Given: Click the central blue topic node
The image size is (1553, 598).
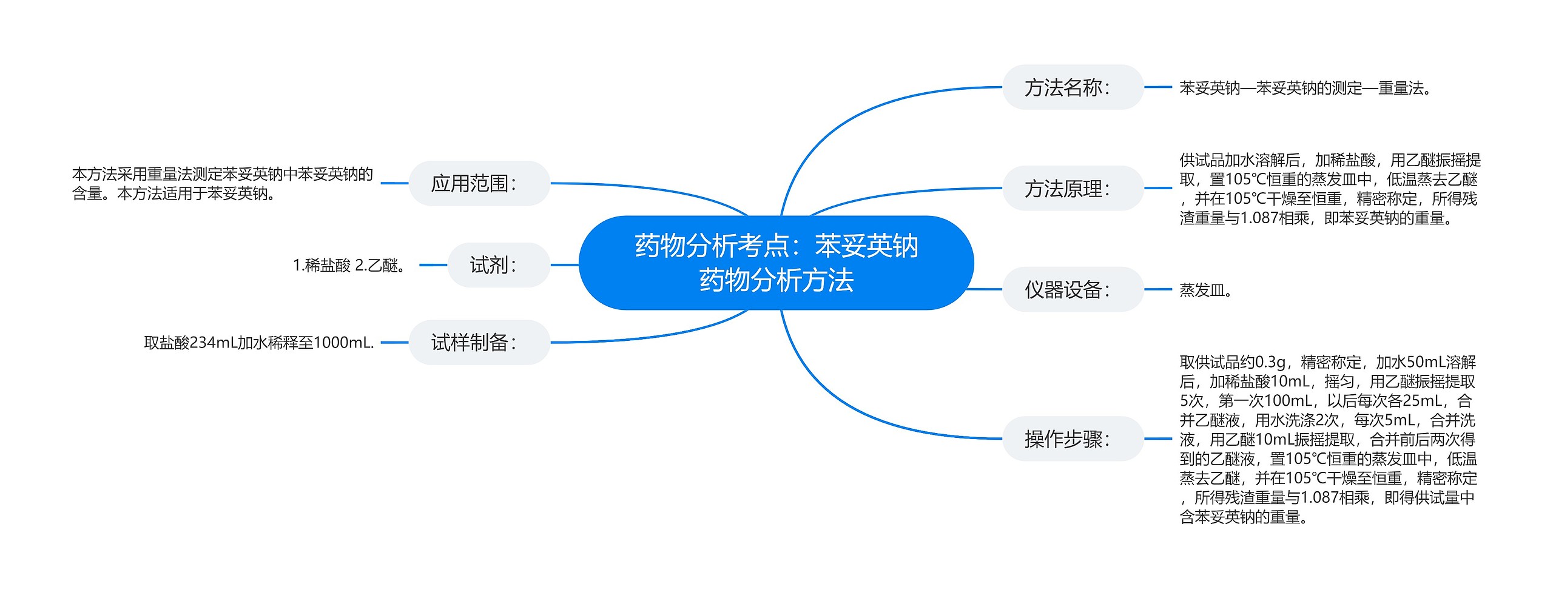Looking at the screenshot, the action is click(x=776, y=263).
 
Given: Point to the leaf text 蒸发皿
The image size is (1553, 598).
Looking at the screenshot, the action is click(x=1205, y=290).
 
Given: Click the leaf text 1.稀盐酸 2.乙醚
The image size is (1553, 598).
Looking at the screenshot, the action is click(x=350, y=266).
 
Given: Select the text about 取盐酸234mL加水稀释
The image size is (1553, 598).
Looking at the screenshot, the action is click(x=258, y=343).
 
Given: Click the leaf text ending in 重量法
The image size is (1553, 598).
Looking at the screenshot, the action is click(x=1305, y=89).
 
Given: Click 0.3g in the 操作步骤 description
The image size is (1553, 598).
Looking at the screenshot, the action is click(x=1270, y=362).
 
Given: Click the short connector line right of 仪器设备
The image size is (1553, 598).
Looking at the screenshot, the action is click(x=1157, y=289).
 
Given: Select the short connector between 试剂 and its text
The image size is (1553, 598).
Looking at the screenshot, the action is click(x=433, y=265).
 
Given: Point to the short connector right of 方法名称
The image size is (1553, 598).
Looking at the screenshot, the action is click(x=1157, y=87).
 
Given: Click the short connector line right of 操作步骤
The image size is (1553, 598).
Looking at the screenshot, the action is click(x=1157, y=438).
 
